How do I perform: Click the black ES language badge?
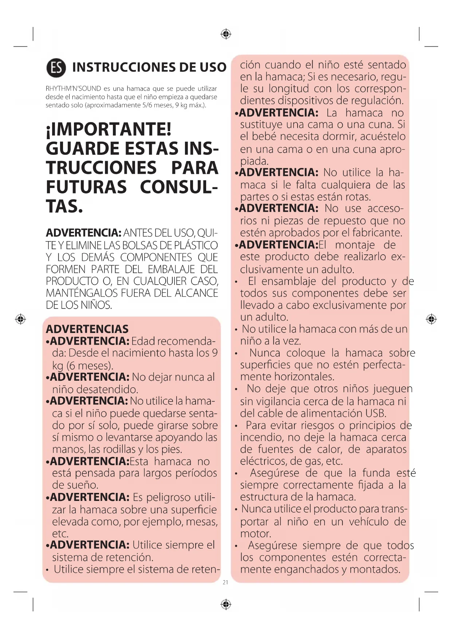click(56, 67)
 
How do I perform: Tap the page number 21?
click(225, 582)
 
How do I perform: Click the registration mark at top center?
click(226, 34)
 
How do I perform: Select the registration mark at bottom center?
click(226, 604)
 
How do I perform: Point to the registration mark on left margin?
click(20, 319)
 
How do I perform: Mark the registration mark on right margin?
click(431, 319)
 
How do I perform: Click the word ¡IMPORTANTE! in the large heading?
click(109, 129)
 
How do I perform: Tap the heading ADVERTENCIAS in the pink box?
click(87, 329)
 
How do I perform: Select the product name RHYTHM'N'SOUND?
click(73, 89)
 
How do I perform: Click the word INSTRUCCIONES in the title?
click(118, 67)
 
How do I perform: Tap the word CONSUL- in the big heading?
click(179, 187)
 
